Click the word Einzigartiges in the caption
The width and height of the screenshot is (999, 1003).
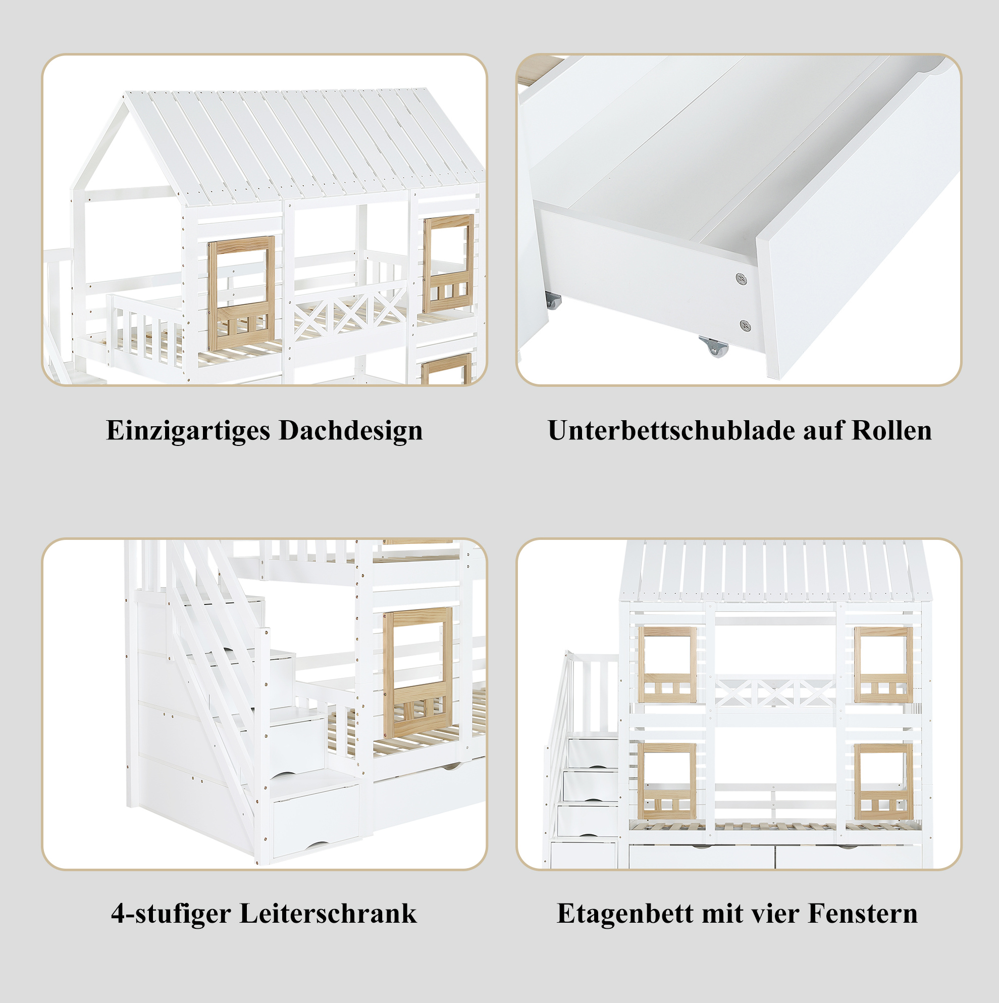click(x=188, y=431)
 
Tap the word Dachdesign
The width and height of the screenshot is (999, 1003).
click(x=351, y=430)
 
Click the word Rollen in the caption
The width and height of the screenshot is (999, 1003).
click(x=891, y=430)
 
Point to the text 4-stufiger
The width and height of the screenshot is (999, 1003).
click(x=171, y=914)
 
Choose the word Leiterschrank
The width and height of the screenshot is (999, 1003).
click(x=328, y=913)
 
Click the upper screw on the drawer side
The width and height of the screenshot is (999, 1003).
click(x=741, y=279)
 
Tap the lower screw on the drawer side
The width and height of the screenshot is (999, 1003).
click(x=745, y=326)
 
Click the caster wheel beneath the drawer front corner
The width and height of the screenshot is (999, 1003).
click(x=713, y=346)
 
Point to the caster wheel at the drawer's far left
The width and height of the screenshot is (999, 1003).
click(x=553, y=300)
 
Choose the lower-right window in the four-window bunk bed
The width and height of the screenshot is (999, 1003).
click(x=883, y=781)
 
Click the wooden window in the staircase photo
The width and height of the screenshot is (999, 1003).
click(x=418, y=672)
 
